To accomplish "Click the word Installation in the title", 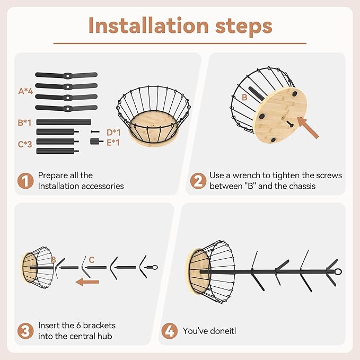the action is coord(148,25).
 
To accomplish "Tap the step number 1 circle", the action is coord(25,181).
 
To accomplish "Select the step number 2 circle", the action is coord(198,181).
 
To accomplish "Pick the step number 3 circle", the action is coord(25,331).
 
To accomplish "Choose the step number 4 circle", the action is coord(170,331).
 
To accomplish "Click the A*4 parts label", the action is coord(25,91).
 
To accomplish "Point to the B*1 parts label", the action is coord(24,122).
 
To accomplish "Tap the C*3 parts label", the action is coord(25,144).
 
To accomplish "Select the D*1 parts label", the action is coord(113,133).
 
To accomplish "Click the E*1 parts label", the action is coord(113,143).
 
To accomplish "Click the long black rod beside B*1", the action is coord(64,122).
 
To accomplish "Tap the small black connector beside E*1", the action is coord(96,142).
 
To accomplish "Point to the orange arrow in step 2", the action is coord(308,128).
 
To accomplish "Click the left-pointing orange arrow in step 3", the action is coord(87,282).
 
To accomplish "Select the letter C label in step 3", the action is coord(92,260).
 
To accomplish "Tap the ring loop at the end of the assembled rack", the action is coord(338,271).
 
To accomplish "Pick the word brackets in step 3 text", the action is coord(99,326).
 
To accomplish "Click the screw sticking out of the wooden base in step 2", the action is coord(289,124).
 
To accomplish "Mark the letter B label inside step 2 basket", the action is coord(244,98).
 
